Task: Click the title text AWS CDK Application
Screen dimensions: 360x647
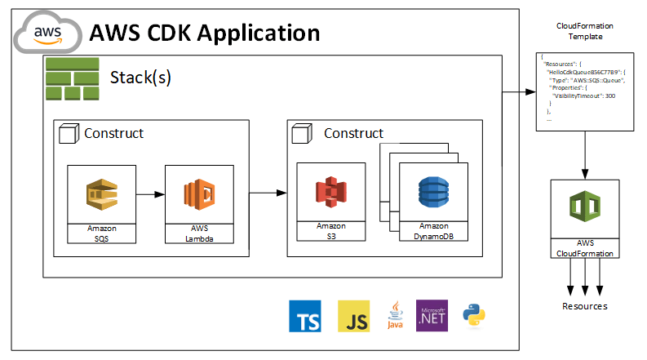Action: (204, 33)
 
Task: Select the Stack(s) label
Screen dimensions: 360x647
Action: (140, 78)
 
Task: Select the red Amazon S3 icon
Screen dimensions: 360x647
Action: (330, 193)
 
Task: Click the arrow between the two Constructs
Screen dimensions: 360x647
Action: (268, 193)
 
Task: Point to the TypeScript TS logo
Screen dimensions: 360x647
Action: (304, 315)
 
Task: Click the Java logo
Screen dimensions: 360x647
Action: (395, 315)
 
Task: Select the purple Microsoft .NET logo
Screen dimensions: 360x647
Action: (432, 314)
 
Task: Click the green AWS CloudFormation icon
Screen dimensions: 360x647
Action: (583, 207)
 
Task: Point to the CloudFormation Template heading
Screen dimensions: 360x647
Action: (584, 31)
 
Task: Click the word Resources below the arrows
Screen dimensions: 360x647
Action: (584, 306)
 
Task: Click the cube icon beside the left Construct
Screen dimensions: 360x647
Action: (69, 132)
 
